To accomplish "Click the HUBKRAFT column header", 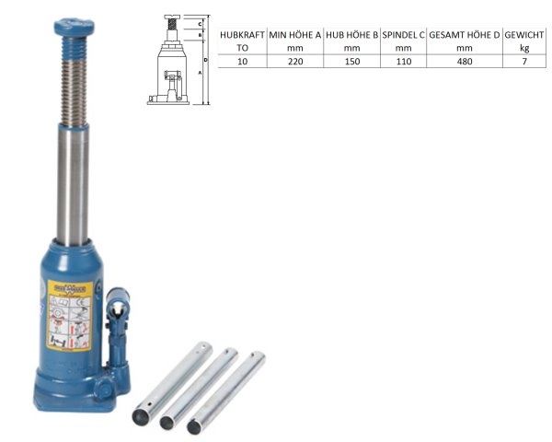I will click(242, 35).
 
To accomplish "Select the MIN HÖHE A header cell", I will click(293, 35).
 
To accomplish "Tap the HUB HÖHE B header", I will click(351, 35).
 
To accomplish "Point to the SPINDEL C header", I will click(403, 35).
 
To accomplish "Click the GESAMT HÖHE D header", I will click(464, 35).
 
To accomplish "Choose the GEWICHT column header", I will click(523, 35).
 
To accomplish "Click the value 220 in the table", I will click(293, 61).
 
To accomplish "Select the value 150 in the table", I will click(351, 61).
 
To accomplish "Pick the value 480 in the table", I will click(464, 61).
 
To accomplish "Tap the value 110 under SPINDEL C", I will click(403, 61).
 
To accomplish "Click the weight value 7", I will click(523, 61).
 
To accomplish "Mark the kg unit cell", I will click(523, 48).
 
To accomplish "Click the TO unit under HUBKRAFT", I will click(242, 48).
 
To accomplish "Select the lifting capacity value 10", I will click(242, 61).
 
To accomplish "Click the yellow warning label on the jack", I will click(67, 313).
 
